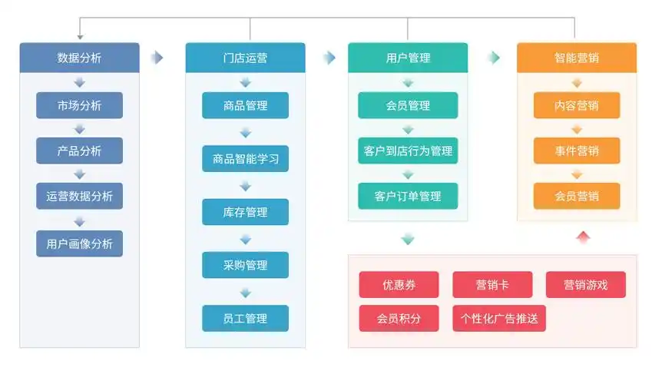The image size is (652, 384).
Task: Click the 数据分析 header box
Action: pos(79,58)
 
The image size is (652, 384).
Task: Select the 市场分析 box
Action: pos(79,105)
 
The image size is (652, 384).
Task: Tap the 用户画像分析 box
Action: pos(79,243)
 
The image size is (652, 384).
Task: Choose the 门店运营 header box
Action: pos(245,58)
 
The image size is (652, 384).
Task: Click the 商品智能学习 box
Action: pos(245,159)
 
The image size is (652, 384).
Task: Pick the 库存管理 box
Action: pos(245,212)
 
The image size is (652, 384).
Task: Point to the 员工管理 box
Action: pos(245,318)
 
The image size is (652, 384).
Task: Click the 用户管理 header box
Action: pos(408,58)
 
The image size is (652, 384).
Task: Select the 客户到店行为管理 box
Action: pos(408,151)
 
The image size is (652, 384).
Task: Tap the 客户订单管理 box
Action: pos(408,196)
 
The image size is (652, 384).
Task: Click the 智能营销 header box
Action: pos(577,58)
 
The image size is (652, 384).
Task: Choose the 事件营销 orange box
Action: pos(577,151)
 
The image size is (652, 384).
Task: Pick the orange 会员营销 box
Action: pos(577,196)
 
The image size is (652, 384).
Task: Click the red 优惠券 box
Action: pos(399,285)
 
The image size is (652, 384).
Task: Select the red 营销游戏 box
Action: pos(585,285)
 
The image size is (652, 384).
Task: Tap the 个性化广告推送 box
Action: pos(499,318)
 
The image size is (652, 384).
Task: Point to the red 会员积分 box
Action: pos(399,318)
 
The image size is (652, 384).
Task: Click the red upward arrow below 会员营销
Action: pos(583,237)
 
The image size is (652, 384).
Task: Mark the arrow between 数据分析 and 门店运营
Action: pos(157,58)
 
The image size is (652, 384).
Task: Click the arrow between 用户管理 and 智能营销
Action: pos(494,58)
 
